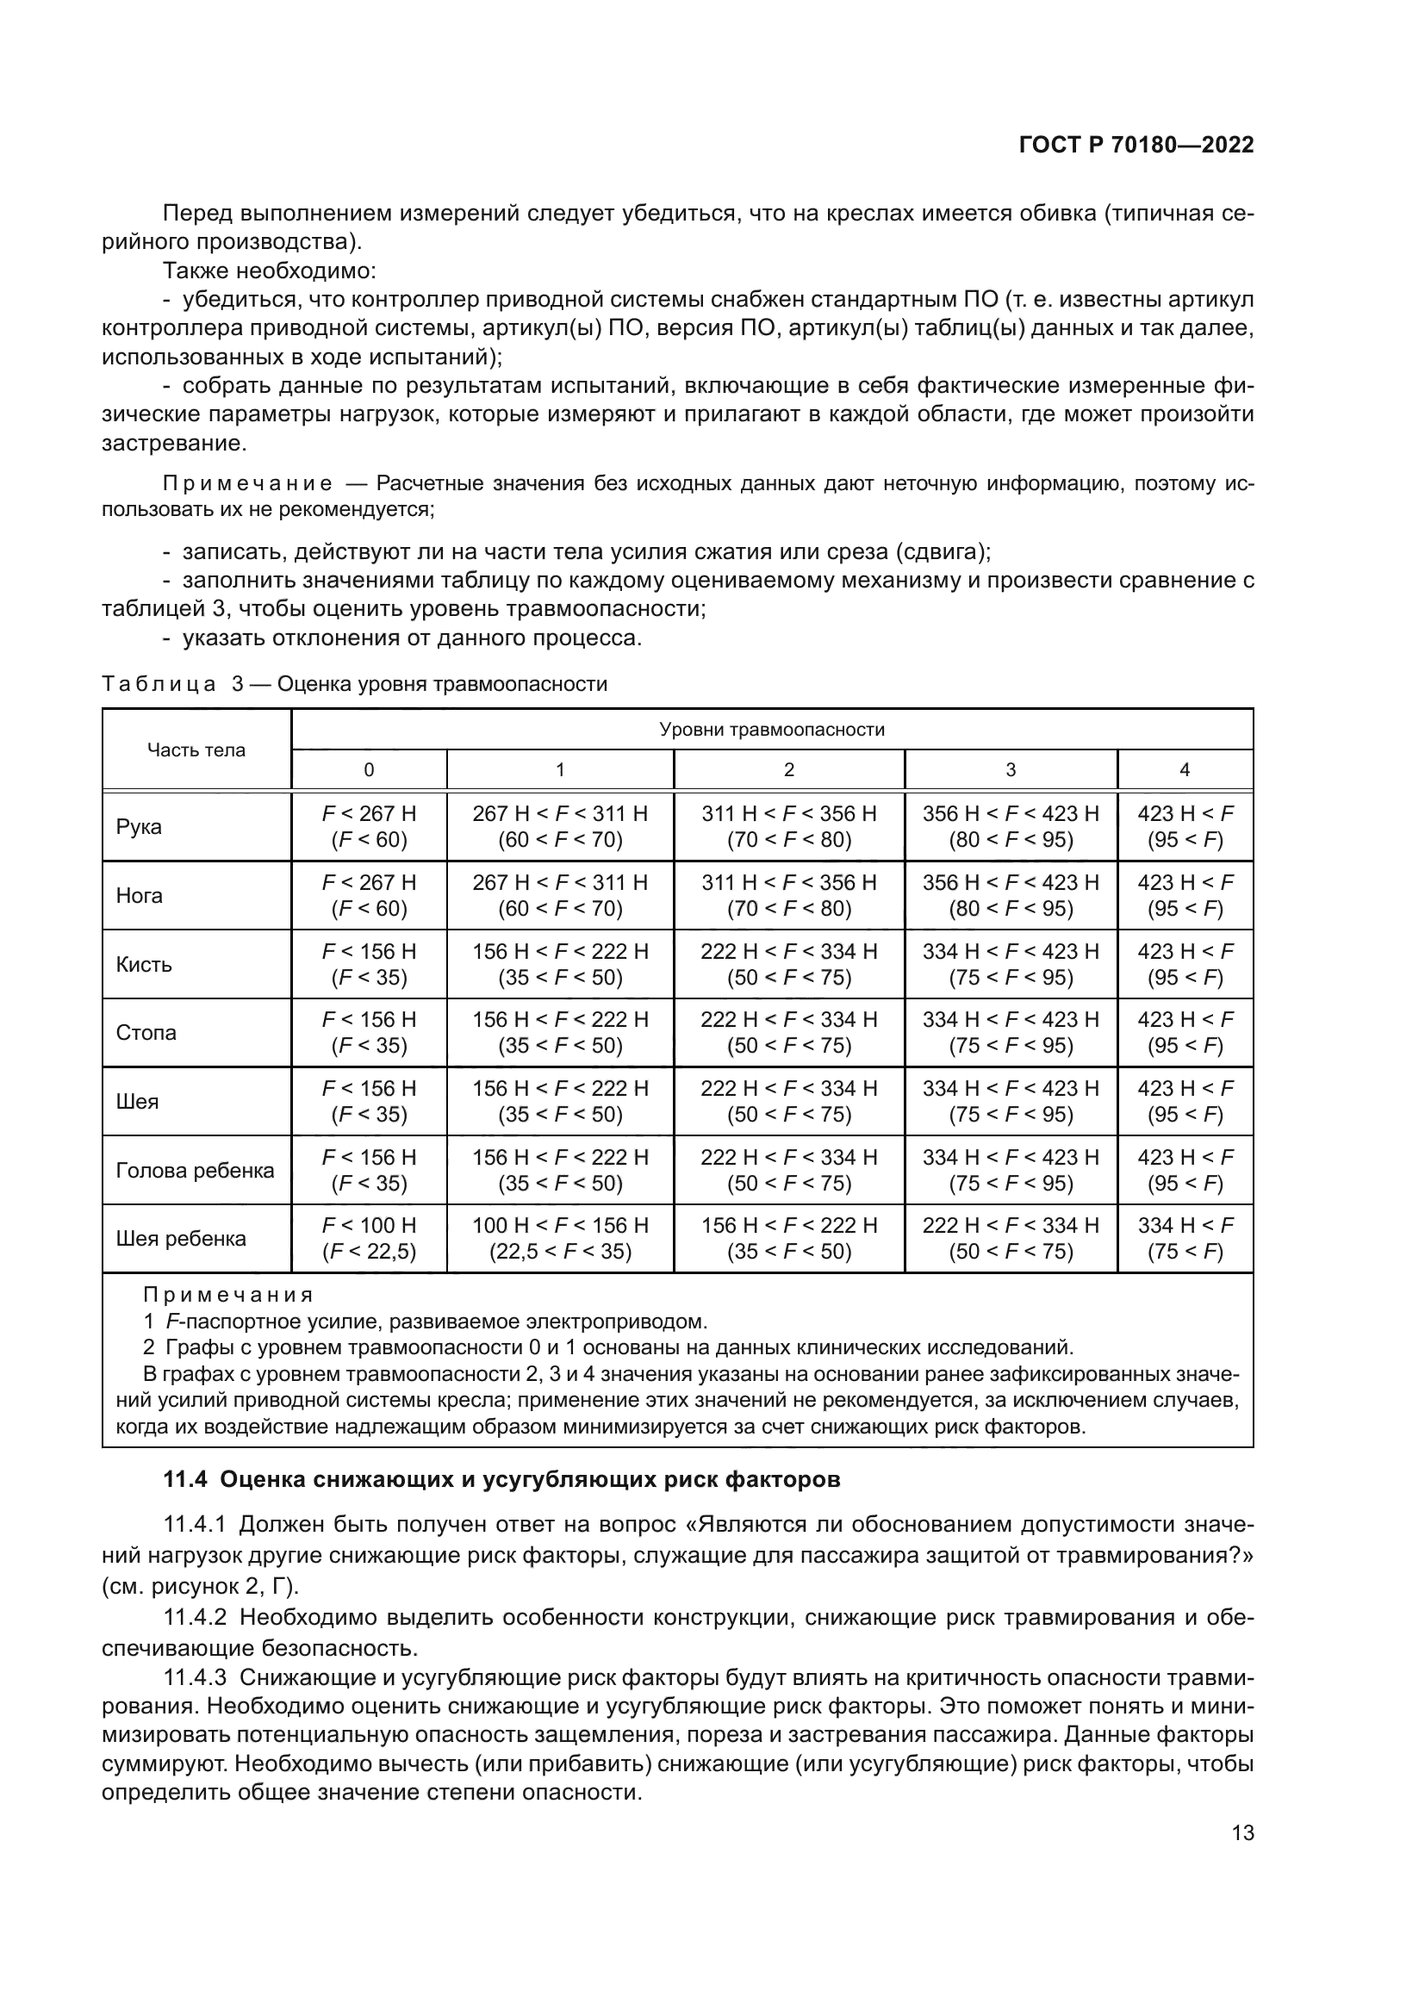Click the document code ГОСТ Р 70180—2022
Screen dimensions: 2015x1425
(x=1136, y=146)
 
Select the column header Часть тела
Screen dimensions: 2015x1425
(x=196, y=750)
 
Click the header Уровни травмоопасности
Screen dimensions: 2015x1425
(x=771, y=730)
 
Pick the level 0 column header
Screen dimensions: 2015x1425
(x=369, y=769)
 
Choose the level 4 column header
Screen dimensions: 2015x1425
(x=1185, y=769)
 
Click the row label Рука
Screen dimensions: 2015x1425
(x=140, y=827)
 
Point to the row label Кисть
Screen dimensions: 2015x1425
(x=144, y=965)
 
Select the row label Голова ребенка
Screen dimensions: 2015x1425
(x=195, y=1170)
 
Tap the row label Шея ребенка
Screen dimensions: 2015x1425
(x=181, y=1238)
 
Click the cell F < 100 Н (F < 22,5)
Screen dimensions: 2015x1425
(x=369, y=1238)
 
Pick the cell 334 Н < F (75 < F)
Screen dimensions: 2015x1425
(x=1185, y=1238)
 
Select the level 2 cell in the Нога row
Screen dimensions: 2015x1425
(x=788, y=895)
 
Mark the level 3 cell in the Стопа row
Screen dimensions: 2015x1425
(x=1010, y=1032)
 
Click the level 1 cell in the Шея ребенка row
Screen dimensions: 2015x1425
(x=560, y=1238)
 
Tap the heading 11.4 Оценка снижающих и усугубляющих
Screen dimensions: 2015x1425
(x=502, y=1480)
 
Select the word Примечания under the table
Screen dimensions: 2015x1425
(x=228, y=1296)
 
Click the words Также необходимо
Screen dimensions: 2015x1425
(x=270, y=271)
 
